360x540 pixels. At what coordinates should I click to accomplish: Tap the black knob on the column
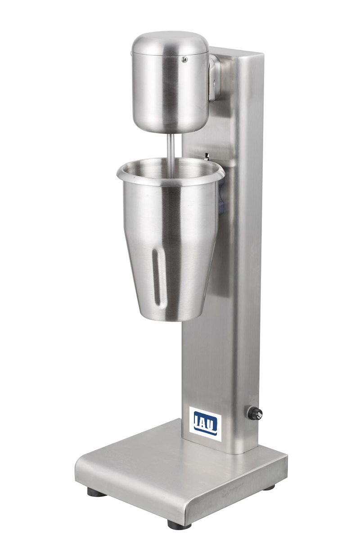(x=255, y=413)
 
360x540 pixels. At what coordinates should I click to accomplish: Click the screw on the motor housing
(x=184, y=59)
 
